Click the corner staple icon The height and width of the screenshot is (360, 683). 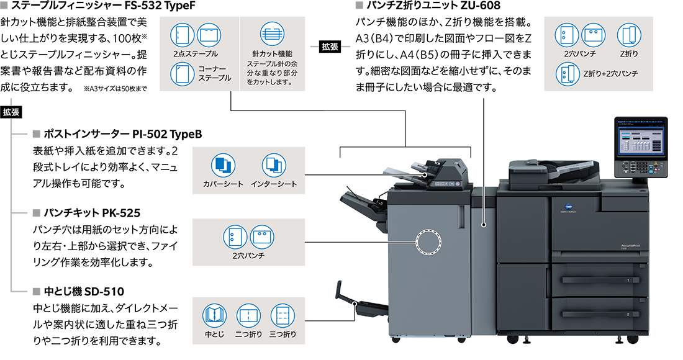pos(181,75)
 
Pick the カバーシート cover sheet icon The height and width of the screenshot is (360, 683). pos(223,164)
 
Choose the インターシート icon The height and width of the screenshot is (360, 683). pos(274,164)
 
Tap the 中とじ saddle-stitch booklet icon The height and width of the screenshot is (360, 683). pos(214,316)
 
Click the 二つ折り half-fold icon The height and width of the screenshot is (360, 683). pos(248,316)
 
